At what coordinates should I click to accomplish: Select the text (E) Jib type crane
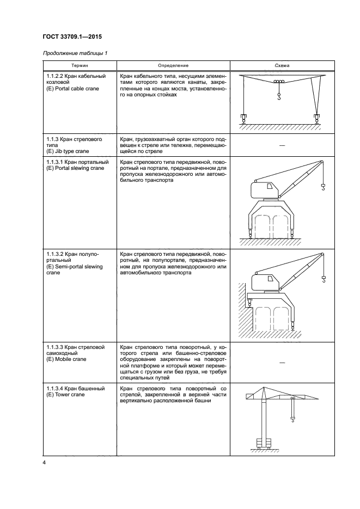pyautogui.click(x=68, y=151)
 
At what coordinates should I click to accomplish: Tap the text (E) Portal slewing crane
pyautogui.click(x=75, y=168)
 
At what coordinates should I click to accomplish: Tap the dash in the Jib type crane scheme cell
pyautogui.click(x=282, y=146)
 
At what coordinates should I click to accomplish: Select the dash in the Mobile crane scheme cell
pyautogui.click(x=282, y=361)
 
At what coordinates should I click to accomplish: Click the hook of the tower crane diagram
pyautogui.click(x=293, y=420)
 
